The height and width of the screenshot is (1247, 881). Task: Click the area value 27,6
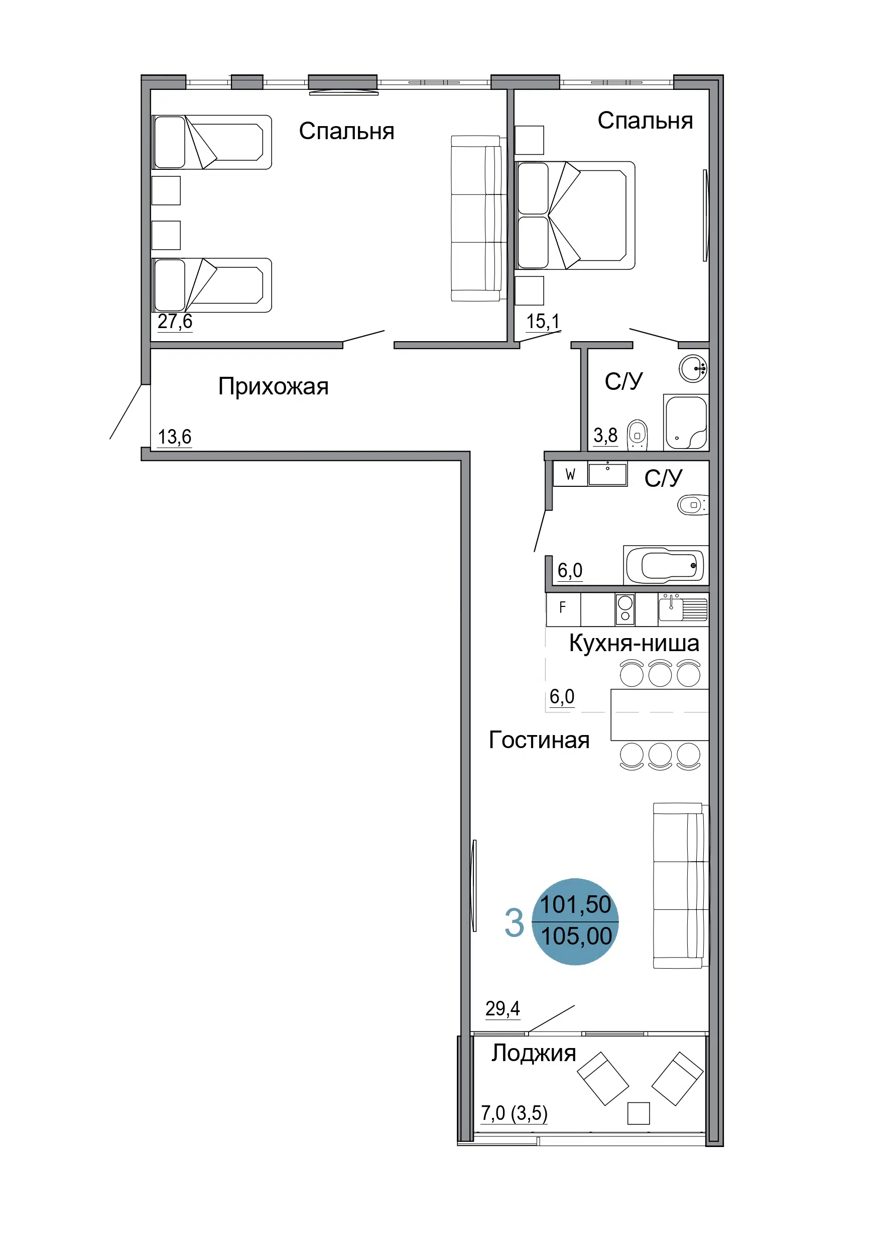pyautogui.click(x=175, y=322)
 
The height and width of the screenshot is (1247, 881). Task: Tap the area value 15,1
pyautogui.click(x=543, y=322)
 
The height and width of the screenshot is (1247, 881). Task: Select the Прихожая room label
pyautogui.click(x=273, y=387)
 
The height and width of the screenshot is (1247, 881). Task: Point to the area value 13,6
pyautogui.click(x=174, y=437)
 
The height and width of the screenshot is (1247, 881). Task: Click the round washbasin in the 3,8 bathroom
pyautogui.click(x=693, y=369)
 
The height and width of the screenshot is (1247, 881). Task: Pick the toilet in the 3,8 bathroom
pyautogui.click(x=637, y=435)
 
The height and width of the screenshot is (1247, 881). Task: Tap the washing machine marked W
pyautogui.click(x=570, y=474)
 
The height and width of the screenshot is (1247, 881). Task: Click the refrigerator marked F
pyautogui.click(x=563, y=609)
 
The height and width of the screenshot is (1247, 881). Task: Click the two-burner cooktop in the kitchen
pyautogui.click(x=625, y=609)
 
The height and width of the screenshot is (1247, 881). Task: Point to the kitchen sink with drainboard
pyautogui.click(x=683, y=608)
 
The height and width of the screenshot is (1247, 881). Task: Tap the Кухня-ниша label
pyautogui.click(x=634, y=643)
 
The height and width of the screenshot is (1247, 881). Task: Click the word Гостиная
pyautogui.click(x=539, y=740)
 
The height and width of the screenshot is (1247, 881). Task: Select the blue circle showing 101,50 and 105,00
pyautogui.click(x=575, y=921)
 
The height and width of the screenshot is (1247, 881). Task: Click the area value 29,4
pyautogui.click(x=502, y=1008)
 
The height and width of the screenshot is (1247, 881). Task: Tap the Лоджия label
pyautogui.click(x=534, y=1053)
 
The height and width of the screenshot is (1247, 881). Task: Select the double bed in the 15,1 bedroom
pyautogui.click(x=575, y=215)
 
